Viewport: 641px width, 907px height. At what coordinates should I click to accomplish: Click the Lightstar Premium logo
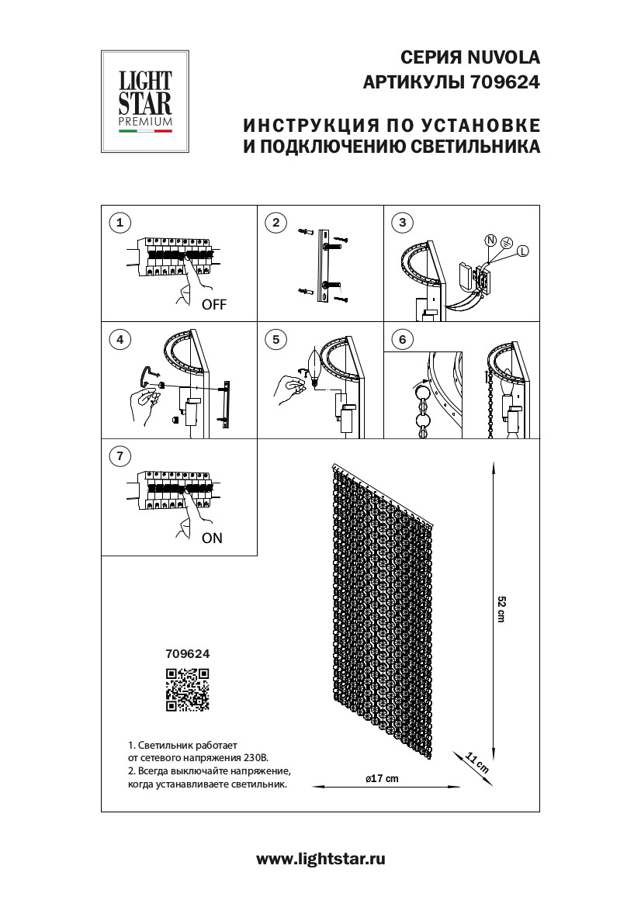[145, 102]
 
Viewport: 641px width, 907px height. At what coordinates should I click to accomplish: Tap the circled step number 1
[120, 223]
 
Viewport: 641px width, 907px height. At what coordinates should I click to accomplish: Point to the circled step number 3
[402, 223]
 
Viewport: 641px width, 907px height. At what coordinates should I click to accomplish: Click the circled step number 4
[120, 339]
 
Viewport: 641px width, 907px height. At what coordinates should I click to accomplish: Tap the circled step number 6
[402, 339]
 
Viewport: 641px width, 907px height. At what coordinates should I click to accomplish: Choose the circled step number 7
[120, 456]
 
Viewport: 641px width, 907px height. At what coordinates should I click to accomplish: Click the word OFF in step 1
[214, 305]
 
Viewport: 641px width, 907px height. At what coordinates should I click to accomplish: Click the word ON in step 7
[212, 538]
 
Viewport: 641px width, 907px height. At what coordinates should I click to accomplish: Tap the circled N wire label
[490, 241]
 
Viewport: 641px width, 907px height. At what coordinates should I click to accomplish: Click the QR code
[188, 690]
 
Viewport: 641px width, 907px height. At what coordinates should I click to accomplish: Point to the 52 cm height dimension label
[501, 609]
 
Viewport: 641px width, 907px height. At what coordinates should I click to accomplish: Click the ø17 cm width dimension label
[381, 778]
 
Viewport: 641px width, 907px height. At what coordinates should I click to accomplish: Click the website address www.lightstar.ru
[320, 858]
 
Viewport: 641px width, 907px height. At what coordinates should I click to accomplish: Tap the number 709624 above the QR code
[188, 654]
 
